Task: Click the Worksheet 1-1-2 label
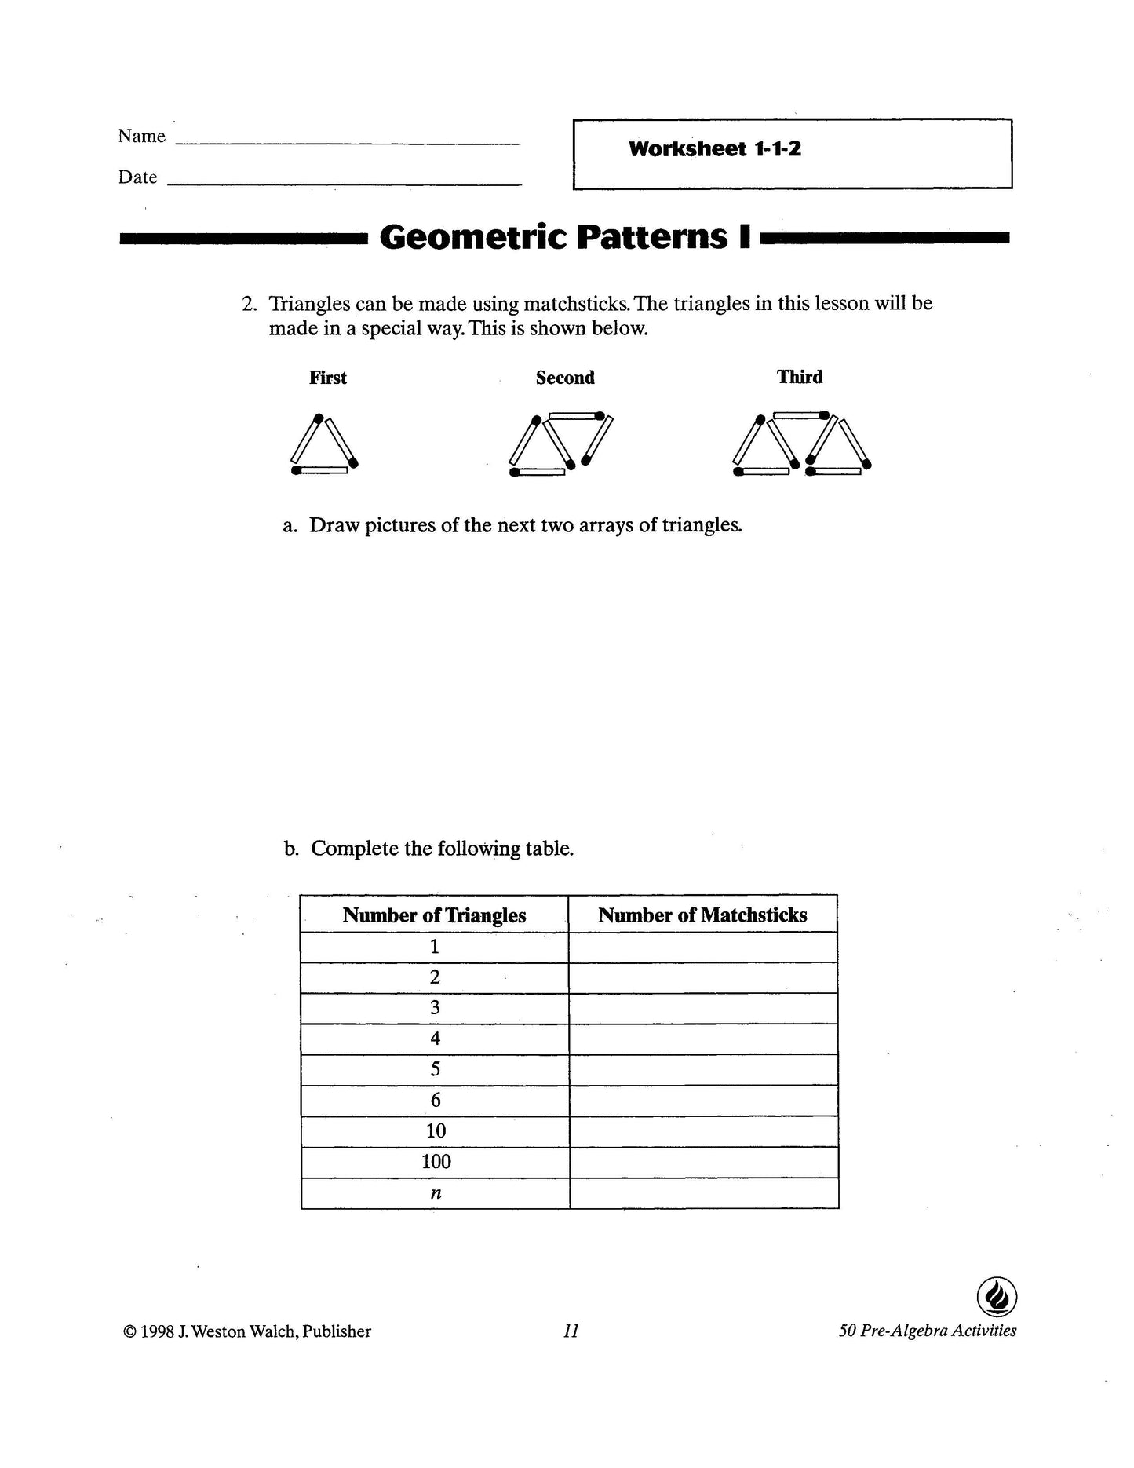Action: (x=714, y=149)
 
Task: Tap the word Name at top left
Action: (x=141, y=136)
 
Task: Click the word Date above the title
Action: (x=137, y=177)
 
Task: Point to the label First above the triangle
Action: (x=327, y=378)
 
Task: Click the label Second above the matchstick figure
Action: (x=565, y=378)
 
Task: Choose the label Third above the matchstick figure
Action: (x=800, y=377)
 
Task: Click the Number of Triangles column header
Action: (x=434, y=915)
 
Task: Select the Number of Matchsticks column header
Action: (x=702, y=915)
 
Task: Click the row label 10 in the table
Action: (x=436, y=1131)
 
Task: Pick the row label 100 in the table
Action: (x=436, y=1162)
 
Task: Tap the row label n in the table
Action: (x=436, y=1193)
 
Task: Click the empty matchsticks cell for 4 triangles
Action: (x=703, y=1039)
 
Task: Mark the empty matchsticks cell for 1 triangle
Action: (x=703, y=947)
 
